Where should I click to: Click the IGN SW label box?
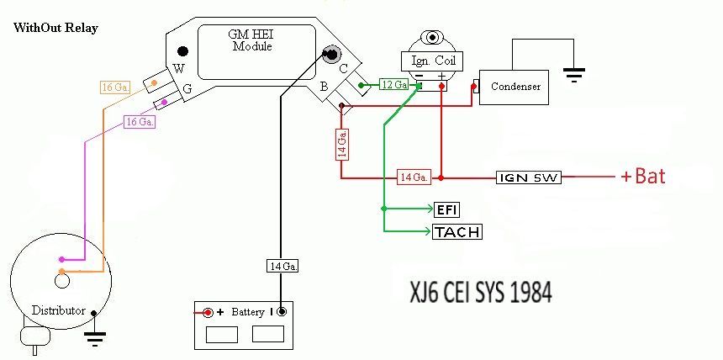529,177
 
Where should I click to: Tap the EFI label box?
446,210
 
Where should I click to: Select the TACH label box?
457,231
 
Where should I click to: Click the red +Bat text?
643,176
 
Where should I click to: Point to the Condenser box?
515,87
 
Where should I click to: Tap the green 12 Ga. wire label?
394,84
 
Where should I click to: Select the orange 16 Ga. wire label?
115,87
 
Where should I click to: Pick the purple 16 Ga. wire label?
140,122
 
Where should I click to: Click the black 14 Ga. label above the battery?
282,267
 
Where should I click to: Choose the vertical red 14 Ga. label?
342,145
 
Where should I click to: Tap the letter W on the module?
179,69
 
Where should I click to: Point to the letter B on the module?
325,87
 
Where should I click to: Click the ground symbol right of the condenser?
573,75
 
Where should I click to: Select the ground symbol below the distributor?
95,339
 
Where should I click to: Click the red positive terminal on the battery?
208,312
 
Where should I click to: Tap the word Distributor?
59,310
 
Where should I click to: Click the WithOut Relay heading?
55,28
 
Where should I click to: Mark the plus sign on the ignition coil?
441,77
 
